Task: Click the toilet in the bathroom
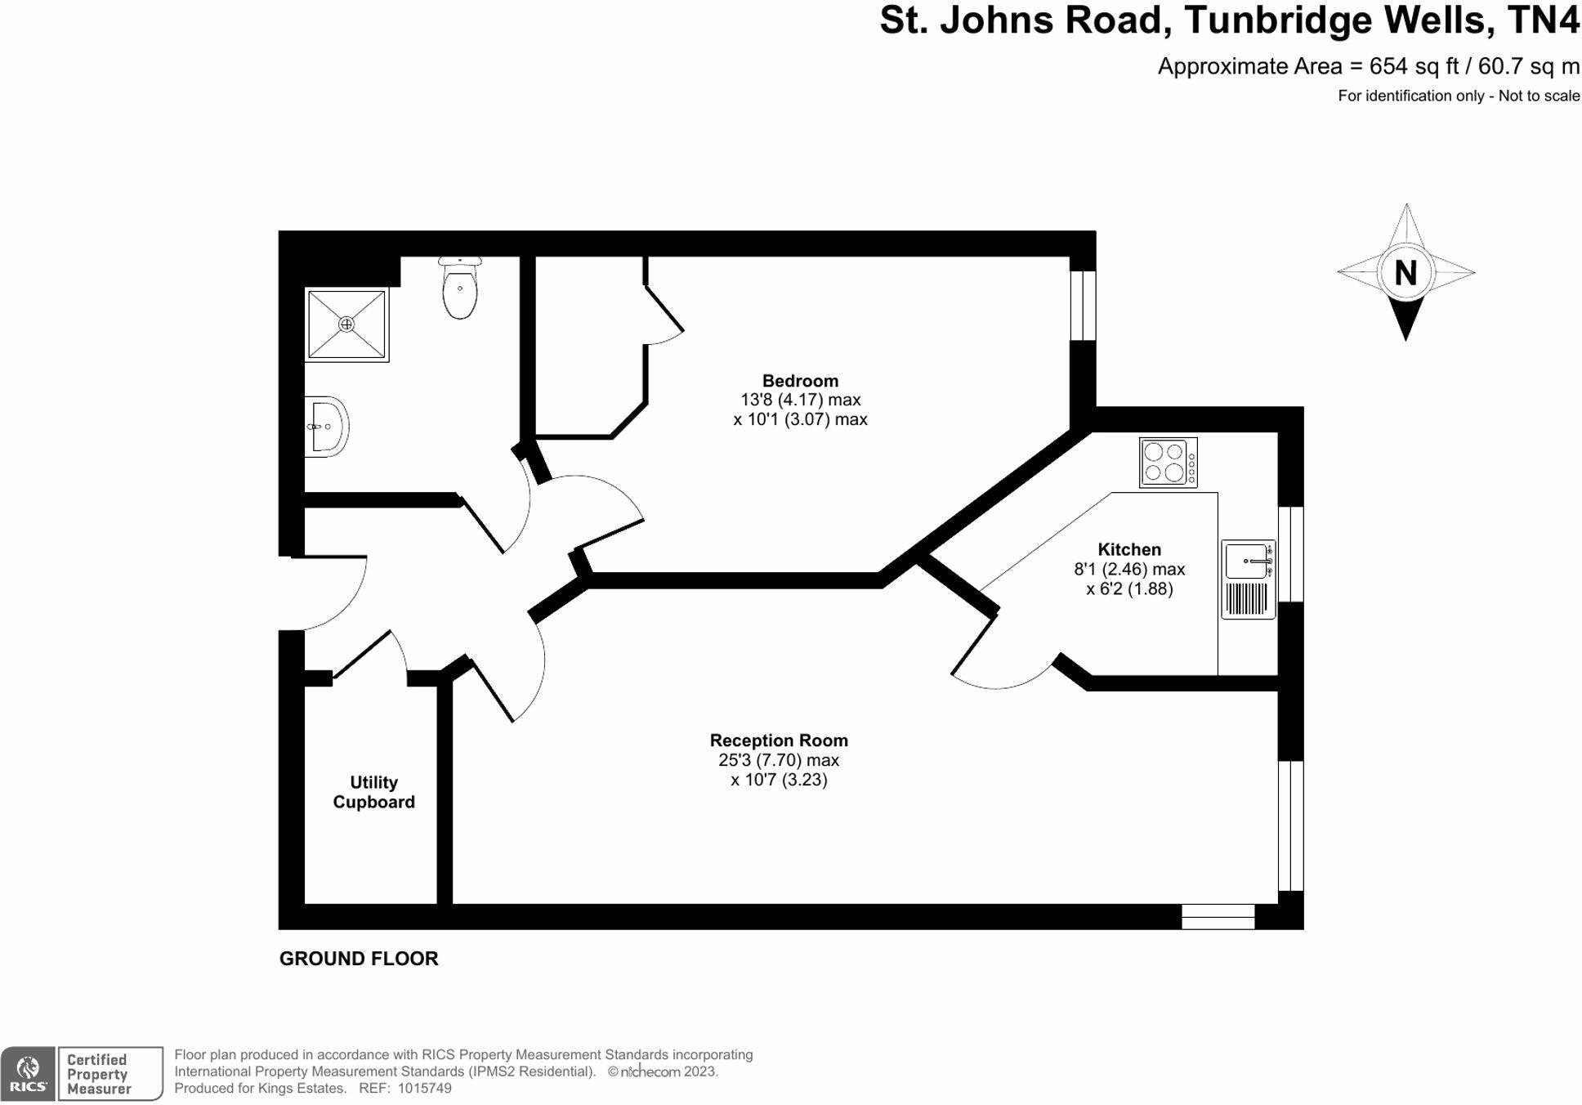pos(460,289)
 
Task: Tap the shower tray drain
pos(346,324)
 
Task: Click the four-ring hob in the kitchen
pos(1168,463)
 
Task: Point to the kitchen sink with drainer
pos(1248,579)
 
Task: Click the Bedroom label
pos(800,381)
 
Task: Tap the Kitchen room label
pos(1129,549)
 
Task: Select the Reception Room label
pos(779,740)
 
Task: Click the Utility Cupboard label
pos(373,792)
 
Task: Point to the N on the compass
pos(1405,272)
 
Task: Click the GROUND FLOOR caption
pos(359,959)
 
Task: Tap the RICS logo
pos(28,1073)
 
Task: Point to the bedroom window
pos(1083,305)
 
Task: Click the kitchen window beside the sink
pos(1290,554)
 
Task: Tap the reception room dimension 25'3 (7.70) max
pos(779,760)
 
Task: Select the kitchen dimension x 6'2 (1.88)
pos(1129,588)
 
